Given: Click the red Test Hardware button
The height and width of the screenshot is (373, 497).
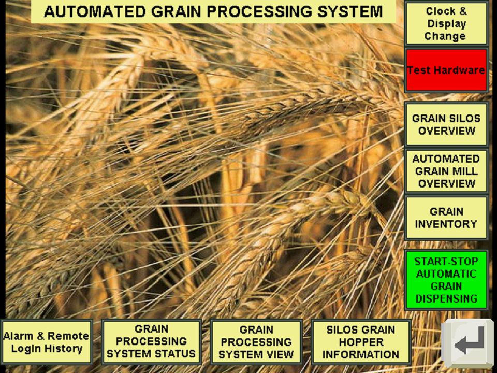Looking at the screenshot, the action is (446, 70).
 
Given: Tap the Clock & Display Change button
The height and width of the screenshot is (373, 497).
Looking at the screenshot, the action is (446, 23).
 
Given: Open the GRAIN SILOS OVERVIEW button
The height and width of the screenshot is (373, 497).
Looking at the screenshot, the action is (446, 124).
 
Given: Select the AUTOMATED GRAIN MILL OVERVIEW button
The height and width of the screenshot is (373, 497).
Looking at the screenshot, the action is (446, 171).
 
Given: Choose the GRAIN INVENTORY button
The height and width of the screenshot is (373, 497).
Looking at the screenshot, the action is (446, 218).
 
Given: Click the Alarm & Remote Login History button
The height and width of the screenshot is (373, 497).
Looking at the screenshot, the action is (47, 342).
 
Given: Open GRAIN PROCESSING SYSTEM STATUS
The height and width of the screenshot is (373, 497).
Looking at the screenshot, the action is (151, 341).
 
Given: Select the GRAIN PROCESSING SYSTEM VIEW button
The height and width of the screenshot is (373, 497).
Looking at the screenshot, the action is (256, 342).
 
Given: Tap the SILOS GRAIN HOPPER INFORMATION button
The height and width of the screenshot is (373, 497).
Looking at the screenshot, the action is (361, 342).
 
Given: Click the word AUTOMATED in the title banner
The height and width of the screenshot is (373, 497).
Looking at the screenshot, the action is (95, 12).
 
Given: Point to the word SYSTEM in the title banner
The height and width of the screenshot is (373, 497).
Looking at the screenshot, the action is (350, 12).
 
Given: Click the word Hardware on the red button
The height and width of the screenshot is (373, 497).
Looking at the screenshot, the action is (464, 70).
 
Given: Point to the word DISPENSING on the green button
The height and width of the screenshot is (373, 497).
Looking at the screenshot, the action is (446, 298).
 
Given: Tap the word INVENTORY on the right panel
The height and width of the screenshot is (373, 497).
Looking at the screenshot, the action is (446, 224).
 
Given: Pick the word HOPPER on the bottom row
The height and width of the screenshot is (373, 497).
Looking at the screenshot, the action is (361, 342).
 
